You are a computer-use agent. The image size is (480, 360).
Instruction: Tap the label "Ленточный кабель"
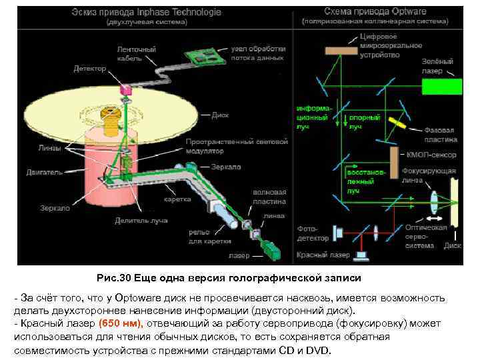[137, 53]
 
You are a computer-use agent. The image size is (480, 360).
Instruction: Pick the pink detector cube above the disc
[127, 89]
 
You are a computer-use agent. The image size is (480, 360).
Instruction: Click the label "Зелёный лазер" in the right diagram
[439, 65]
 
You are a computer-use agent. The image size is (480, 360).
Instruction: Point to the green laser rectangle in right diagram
[441, 86]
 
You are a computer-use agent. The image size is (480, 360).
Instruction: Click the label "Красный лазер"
[323, 255]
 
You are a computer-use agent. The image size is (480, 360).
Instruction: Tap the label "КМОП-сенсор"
[431, 155]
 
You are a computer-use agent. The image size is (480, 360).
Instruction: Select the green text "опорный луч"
[365, 121]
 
